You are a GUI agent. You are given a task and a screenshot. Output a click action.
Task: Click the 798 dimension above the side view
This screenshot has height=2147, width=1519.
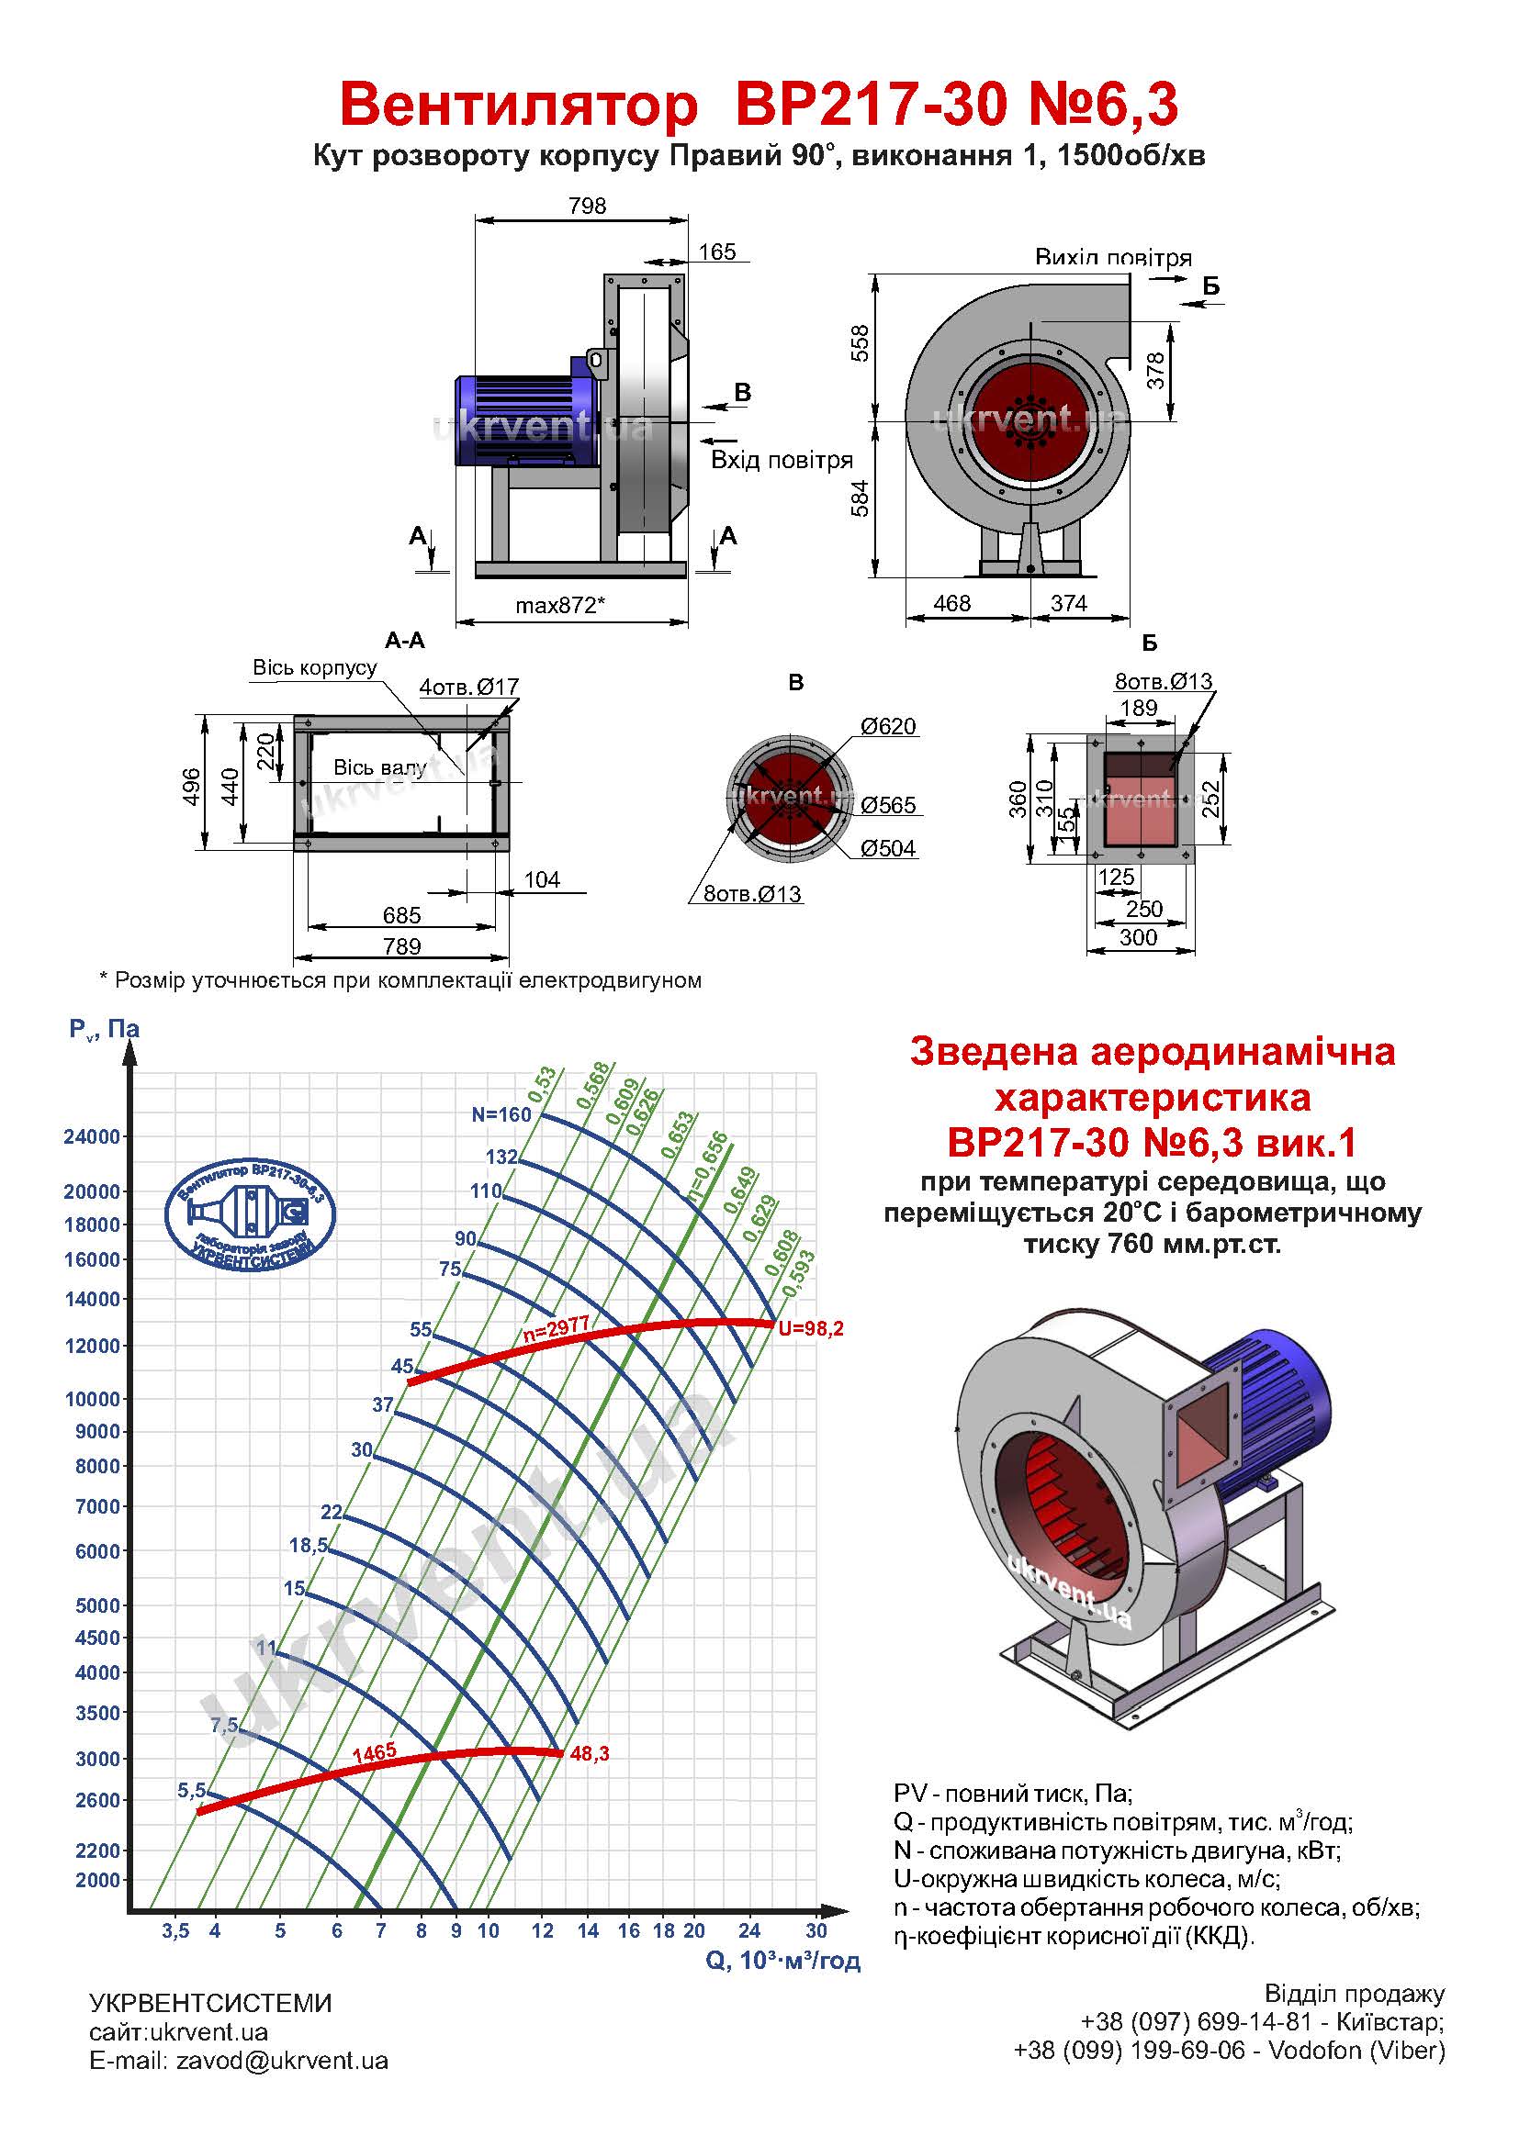click(587, 206)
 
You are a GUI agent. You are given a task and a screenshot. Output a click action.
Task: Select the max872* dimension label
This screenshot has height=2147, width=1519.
click(560, 605)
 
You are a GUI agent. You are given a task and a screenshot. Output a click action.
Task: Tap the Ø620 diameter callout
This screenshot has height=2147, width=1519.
click(888, 727)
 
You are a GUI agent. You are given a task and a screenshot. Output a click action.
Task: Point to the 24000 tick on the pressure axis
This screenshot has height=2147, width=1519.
click(92, 1137)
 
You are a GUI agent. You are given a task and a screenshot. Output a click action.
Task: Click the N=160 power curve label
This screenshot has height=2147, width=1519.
click(501, 1114)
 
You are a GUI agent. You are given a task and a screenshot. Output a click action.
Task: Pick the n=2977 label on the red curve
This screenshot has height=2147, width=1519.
click(556, 1332)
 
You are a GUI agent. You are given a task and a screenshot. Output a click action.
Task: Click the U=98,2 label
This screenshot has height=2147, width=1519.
click(811, 1329)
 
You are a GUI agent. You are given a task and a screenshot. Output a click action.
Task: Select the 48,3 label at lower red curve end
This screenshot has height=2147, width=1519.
click(590, 1754)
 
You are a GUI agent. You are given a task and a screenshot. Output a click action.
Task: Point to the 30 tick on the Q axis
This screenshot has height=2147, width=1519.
click(816, 1930)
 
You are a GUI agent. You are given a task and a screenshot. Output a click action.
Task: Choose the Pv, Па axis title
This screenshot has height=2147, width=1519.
click(104, 1030)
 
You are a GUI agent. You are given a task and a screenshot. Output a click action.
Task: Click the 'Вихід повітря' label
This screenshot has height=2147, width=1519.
click(1113, 257)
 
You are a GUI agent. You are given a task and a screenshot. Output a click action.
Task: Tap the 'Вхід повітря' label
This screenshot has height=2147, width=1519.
click(782, 460)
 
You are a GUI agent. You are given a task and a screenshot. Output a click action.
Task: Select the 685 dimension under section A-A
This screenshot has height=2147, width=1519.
click(401, 915)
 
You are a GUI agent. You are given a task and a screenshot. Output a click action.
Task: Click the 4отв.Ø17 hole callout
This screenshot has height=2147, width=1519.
click(468, 688)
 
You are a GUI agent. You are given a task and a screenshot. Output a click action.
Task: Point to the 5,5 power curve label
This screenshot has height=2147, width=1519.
click(191, 1791)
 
